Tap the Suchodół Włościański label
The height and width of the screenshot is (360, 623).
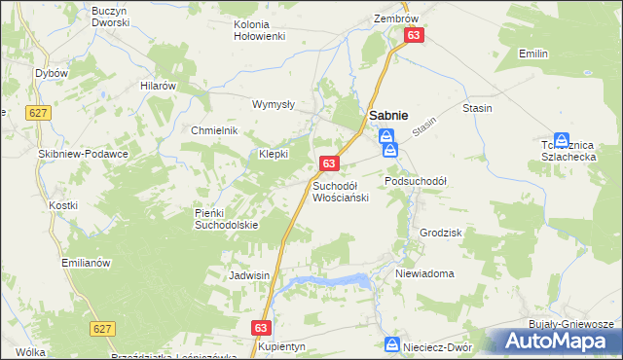340,192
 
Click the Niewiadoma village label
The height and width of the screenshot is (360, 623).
424,273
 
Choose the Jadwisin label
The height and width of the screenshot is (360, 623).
248,275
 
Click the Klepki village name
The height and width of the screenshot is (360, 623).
274,154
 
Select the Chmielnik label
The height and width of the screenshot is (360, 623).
214,131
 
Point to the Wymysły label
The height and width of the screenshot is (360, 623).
274,103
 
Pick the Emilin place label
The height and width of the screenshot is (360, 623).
533,54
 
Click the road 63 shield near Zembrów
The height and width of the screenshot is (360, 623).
415,35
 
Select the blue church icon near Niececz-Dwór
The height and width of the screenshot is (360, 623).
391,343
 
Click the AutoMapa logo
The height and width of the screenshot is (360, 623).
559,341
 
